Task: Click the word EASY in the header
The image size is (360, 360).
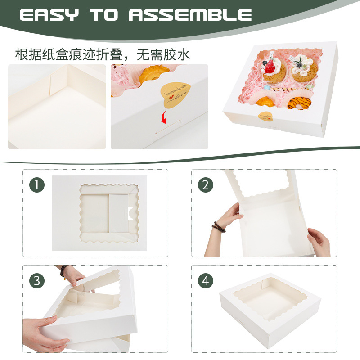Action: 50,14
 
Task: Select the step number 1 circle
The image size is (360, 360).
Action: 37,185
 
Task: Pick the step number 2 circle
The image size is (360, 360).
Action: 206,185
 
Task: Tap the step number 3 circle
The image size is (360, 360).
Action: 37,281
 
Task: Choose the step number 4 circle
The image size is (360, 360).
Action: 206,281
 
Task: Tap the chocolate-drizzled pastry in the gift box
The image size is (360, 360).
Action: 298,103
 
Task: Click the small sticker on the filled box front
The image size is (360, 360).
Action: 266,117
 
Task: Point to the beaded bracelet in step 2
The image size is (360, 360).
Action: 219,227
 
